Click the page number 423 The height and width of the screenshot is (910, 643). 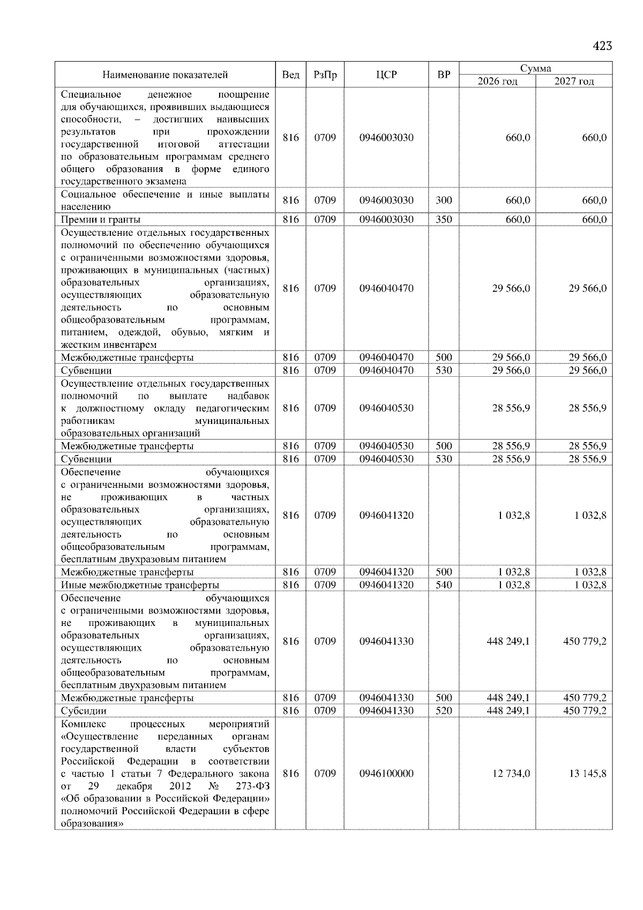click(602, 46)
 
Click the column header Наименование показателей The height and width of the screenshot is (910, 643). click(165, 75)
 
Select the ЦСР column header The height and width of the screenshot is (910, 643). click(386, 75)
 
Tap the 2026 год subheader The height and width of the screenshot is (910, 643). click(497, 81)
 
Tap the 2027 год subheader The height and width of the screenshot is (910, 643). click(574, 81)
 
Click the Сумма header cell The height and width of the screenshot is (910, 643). click(535, 68)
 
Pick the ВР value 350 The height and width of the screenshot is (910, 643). click(444, 219)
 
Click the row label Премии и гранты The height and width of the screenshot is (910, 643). click(101, 219)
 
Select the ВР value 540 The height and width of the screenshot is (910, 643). click(444, 585)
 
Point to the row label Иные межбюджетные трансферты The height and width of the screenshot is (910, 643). click(140, 585)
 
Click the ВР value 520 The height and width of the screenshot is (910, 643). click(444, 711)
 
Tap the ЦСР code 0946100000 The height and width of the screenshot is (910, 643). click(386, 773)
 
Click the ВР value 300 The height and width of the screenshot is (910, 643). click(444, 200)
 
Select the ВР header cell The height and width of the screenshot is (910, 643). click(444, 75)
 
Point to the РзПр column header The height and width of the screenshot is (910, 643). click(325, 75)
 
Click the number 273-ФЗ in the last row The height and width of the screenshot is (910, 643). click(252, 786)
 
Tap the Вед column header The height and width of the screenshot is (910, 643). click(290, 75)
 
